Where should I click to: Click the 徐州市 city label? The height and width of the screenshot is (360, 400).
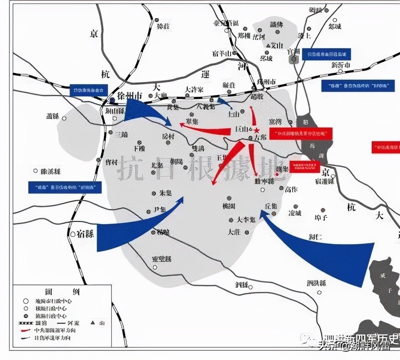click(130, 96)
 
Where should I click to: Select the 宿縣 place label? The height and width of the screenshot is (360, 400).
click(85, 234)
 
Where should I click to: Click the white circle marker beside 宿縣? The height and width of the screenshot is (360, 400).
click(73, 234)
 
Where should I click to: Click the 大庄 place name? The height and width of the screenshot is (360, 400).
click(234, 232)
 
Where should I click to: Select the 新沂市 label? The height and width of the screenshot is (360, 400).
click(341, 65)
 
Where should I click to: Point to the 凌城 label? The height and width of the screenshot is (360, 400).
click(295, 213)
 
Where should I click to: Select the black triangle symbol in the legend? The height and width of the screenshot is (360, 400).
click(93, 323)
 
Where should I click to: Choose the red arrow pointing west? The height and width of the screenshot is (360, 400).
click(205, 130)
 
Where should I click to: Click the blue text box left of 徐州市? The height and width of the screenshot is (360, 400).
click(89, 89)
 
